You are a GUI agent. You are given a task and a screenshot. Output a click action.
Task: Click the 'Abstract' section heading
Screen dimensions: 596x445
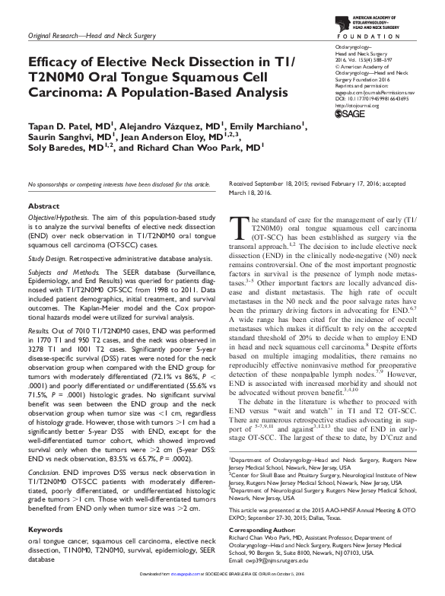(x=44, y=185)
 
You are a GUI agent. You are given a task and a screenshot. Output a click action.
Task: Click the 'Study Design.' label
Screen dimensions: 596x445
(x=49, y=235)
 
